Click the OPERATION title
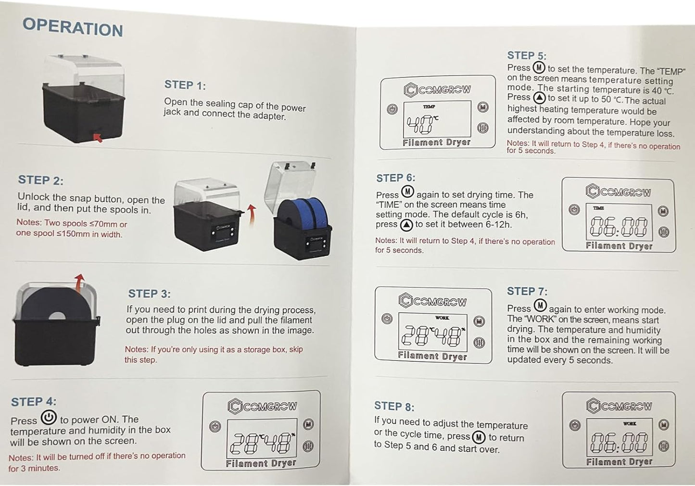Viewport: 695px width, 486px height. click(x=73, y=27)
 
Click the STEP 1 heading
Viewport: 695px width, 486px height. click(x=185, y=85)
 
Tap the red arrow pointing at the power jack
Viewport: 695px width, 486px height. click(x=98, y=138)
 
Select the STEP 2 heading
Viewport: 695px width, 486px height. click(x=40, y=180)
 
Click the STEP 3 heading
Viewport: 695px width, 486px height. click(x=149, y=294)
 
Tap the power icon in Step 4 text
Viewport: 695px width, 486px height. click(x=49, y=417)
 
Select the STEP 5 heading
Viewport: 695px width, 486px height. click(x=527, y=55)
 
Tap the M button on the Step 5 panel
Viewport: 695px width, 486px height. click(x=483, y=107)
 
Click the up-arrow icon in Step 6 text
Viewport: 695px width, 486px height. click(x=406, y=225)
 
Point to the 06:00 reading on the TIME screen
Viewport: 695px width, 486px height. click(x=619, y=226)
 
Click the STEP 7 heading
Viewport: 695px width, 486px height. click(x=527, y=291)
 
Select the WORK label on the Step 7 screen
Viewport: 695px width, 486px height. click(x=442, y=318)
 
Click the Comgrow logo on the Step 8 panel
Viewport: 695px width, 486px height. click(x=619, y=406)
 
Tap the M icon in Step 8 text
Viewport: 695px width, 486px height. click(x=479, y=437)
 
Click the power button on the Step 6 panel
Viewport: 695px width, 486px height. click(x=574, y=209)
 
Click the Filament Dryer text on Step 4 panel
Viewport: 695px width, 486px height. click(x=261, y=463)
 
